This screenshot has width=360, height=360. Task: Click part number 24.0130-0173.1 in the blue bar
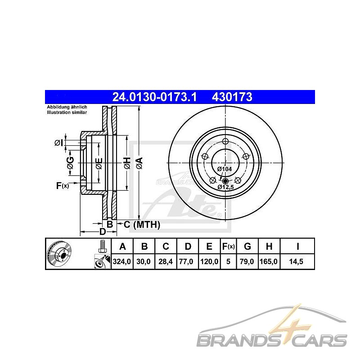[154, 97]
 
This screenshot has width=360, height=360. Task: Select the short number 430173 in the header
[232, 97]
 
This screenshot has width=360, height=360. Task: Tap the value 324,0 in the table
[121, 261]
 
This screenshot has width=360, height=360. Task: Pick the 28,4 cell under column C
[166, 261]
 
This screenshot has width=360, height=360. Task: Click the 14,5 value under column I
[296, 261]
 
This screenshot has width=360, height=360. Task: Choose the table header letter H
[269, 247]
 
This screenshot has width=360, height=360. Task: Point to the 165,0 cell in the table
[269, 261]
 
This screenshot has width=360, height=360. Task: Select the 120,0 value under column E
[209, 261]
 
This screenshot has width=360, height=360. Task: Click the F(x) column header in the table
[228, 247]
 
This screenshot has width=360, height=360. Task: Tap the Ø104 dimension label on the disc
[225, 169]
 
